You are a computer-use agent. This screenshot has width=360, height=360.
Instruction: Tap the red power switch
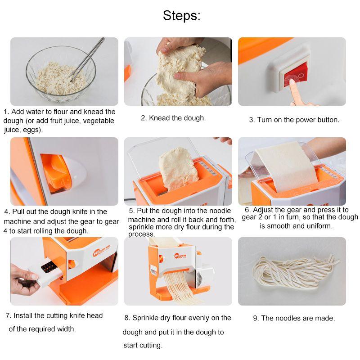click(296, 75)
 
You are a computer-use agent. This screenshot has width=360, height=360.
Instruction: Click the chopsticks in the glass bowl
click(87, 59)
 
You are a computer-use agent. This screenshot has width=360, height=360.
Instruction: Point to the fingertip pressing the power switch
click(292, 83)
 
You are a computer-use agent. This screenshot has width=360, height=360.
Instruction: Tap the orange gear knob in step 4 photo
click(56, 173)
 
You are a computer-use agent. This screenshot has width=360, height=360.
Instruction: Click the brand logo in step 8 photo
click(180, 255)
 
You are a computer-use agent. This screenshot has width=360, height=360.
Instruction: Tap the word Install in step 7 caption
click(23, 315)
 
